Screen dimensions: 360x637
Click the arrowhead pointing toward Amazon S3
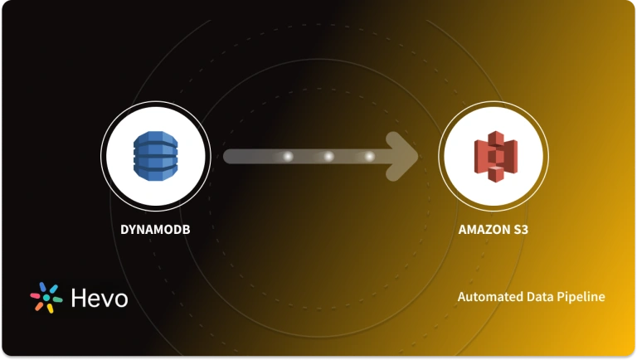pyautogui.click(x=406, y=156)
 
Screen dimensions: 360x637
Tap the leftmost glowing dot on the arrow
pyautogui.click(x=288, y=156)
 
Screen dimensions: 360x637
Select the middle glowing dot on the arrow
pyautogui.click(x=328, y=156)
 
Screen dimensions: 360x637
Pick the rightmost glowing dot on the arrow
pyautogui.click(x=369, y=156)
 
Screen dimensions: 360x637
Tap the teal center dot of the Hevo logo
pyautogui.click(x=46, y=298)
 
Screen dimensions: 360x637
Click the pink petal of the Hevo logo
pyautogui.click(x=35, y=295)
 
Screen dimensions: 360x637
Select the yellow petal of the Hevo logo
pyautogui.click(x=51, y=308)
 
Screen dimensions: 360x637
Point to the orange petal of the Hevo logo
pyautogui.click(x=39, y=307)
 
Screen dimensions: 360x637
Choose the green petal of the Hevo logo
pyautogui.click(x=57, y=299)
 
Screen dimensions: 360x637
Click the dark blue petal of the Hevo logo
pyautogui.click(x=42, y=286)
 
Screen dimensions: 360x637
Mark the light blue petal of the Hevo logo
pyautogui.click(x=53, y=289)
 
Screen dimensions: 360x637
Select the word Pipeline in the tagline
pyautogui.click(x=581, y=297)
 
